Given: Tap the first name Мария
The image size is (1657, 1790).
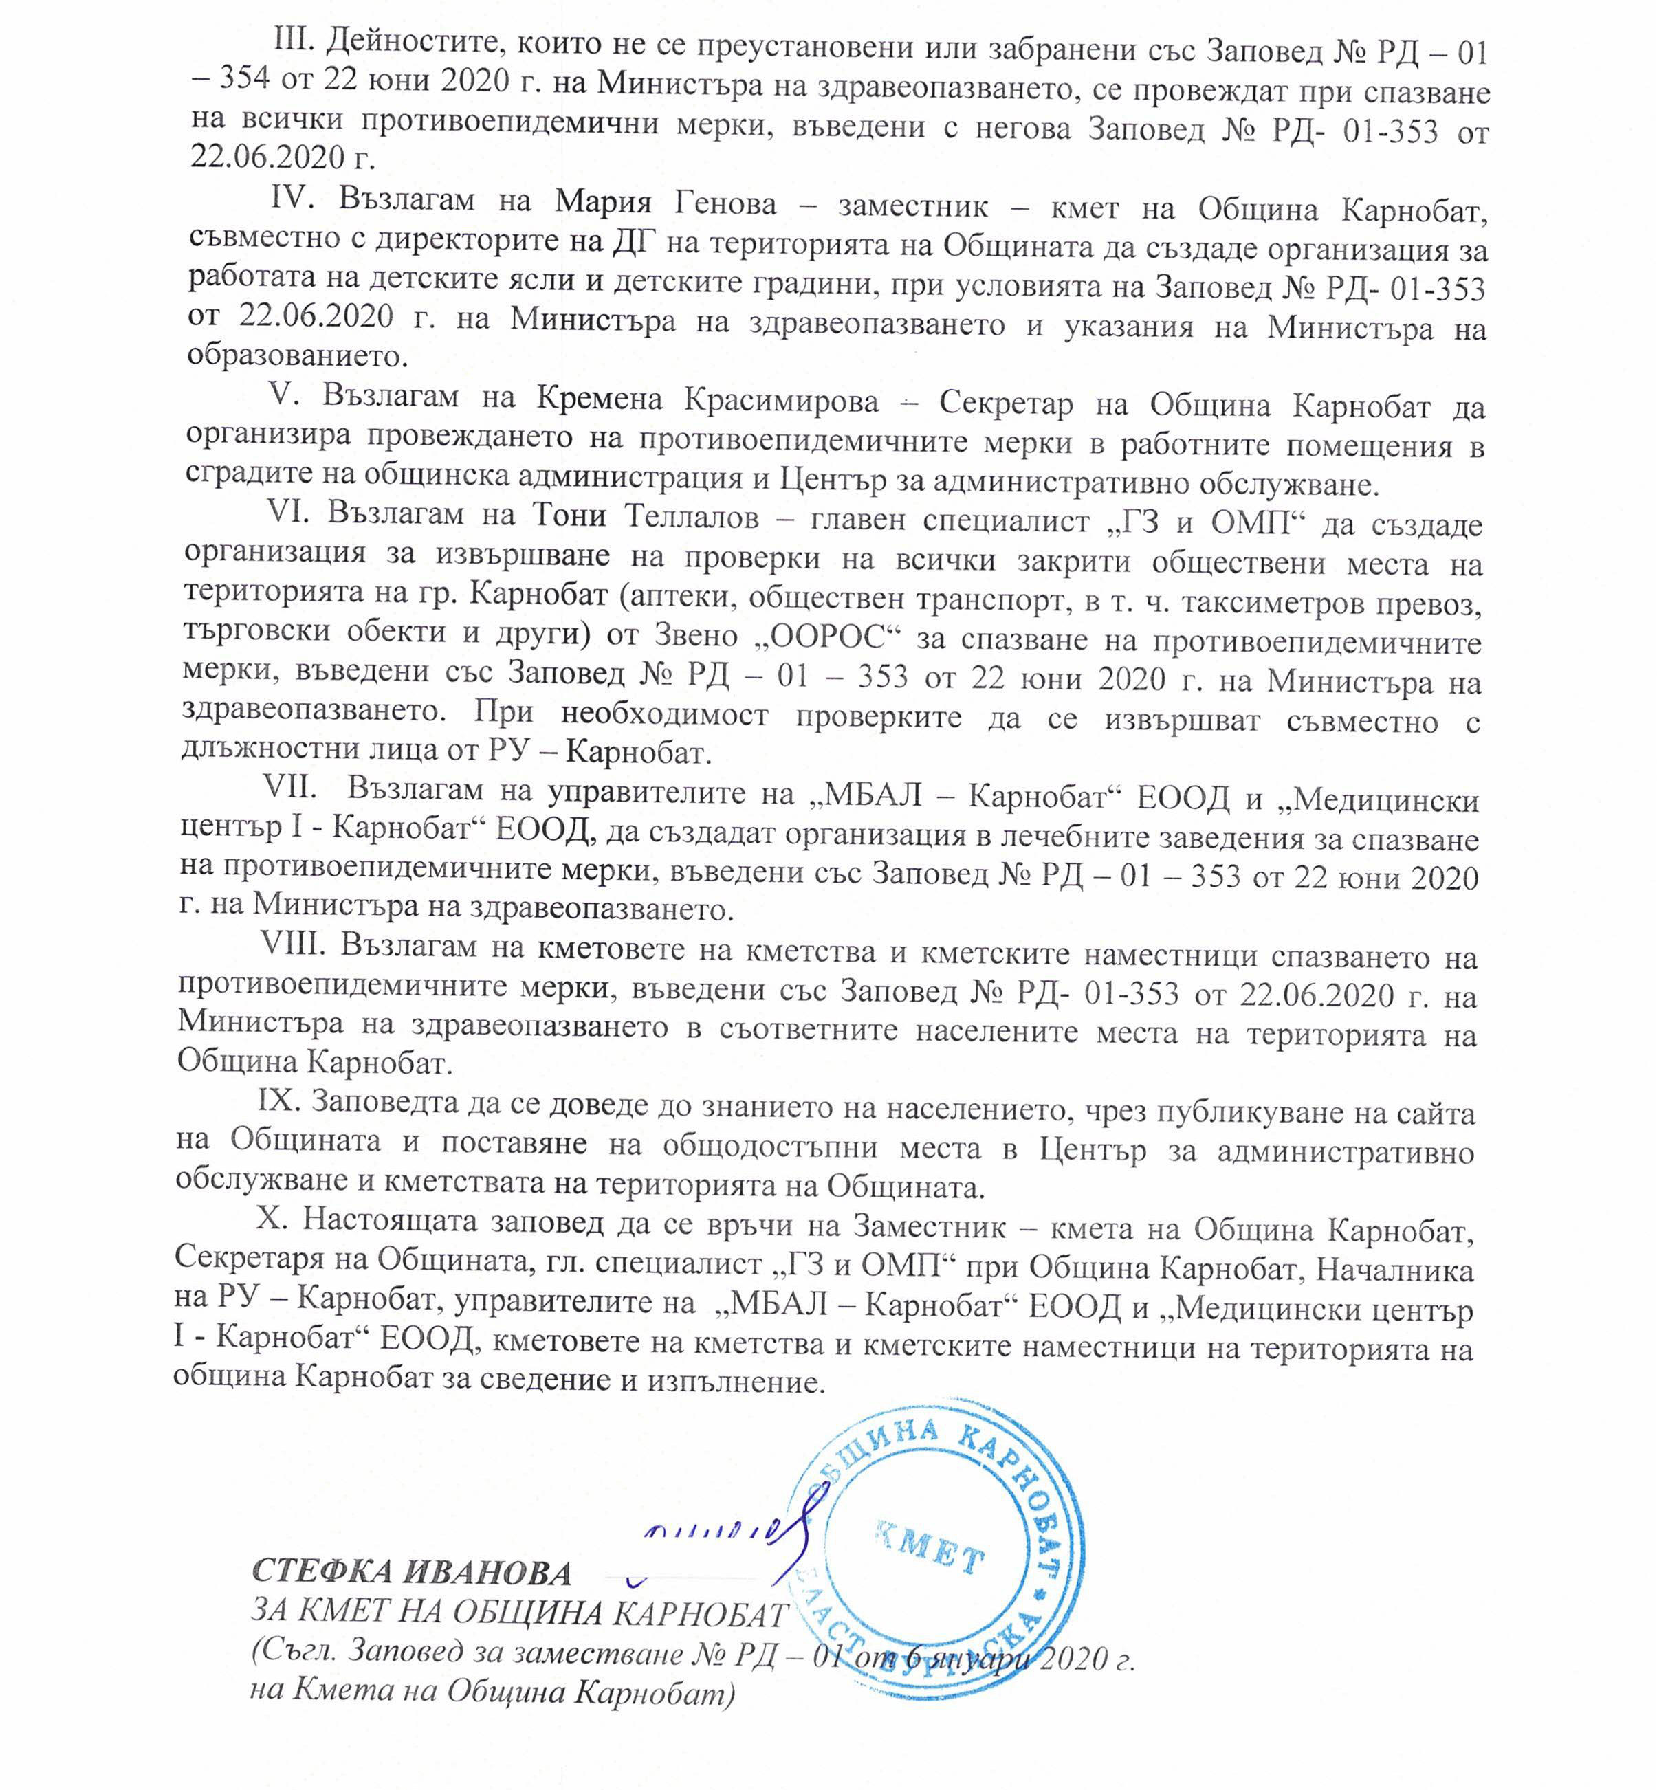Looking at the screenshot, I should coord(602,203).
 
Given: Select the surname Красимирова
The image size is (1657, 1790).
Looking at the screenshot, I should coord(782,401).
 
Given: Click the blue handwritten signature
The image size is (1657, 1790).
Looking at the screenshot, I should coord(726,1536).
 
